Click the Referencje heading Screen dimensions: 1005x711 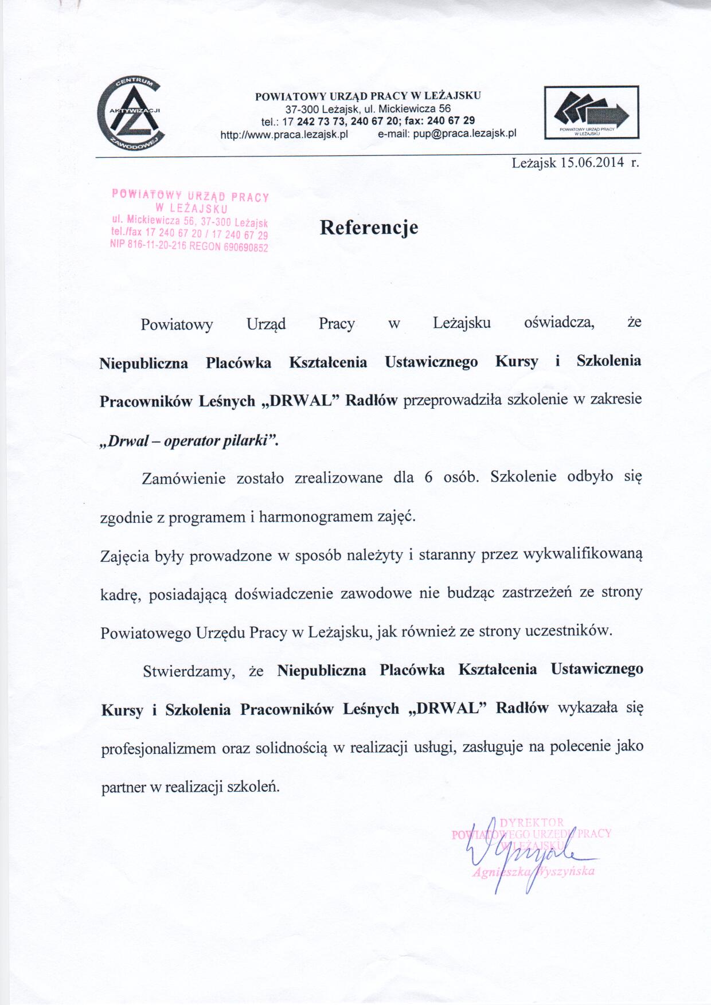click(369, 228)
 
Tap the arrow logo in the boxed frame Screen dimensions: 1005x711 click(591, 112)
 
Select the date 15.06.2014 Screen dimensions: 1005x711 click(592, 162)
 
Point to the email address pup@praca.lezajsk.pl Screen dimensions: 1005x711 click(464, 134)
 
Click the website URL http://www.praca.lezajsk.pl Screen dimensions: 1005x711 click(284, 134)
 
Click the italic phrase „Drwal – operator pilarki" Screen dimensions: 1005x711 click(189, 441)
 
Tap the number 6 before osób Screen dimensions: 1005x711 click(428, 478)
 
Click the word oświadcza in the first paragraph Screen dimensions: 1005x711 click(559, 323)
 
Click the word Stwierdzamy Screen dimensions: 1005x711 click(189, 671)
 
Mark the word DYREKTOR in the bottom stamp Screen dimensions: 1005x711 click(532, 823)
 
